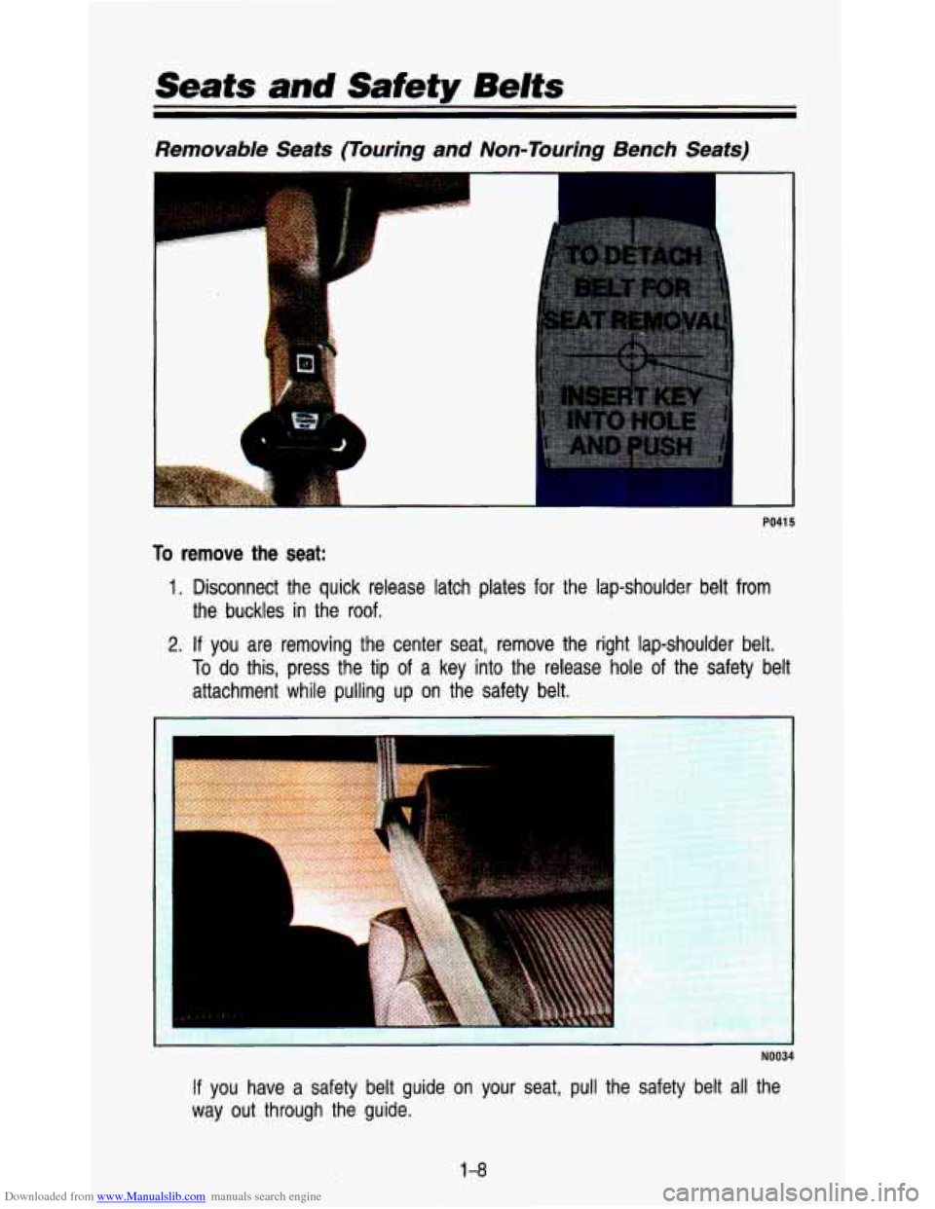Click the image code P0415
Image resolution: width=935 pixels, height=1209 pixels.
coord(780,522)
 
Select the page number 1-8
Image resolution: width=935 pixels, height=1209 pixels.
coord(473,1170)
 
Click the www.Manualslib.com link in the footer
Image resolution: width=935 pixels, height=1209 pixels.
coord(151,1196)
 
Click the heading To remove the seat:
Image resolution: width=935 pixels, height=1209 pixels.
coord(240,553)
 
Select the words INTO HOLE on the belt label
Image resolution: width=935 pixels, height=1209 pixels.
coord(630,420)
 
